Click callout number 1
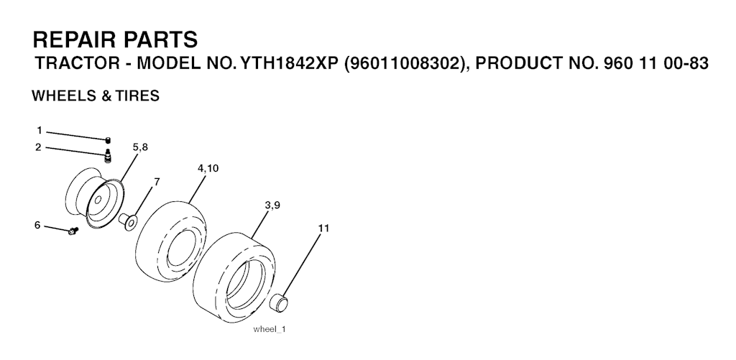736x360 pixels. (40, 130)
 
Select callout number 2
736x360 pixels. (39, 147)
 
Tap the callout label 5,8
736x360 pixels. (140, 147)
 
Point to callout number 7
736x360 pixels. (157, 182)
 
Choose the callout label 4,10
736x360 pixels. (208, 168)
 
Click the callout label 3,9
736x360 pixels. (272, 205)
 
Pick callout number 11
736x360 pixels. (323, 228)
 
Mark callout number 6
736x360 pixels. (37, 226)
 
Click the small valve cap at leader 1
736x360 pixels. (108, 139)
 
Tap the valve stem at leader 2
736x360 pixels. (108, 156)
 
